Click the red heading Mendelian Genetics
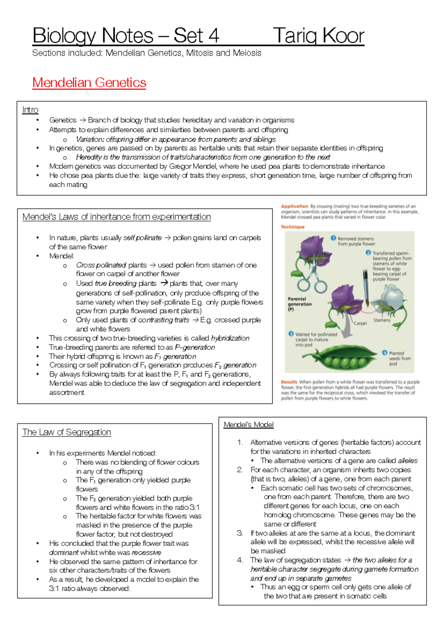[x=89, y=83]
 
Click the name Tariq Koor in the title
[x=319, y=36]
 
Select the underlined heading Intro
[x=30, y=110]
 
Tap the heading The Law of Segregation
[x=67, y=432]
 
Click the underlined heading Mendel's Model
[x=249, y=425]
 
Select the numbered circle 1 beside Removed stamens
[x=333, y=238]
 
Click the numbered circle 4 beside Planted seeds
[x=384, y=353]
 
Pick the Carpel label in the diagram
[x=360, y=323]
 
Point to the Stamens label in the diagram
[x=382, y=320]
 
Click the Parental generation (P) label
[x=299, y=304]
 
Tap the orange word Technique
[x=292, y=227]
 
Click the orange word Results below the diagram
[x=289, y=382]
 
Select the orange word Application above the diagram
[x=294, y=206]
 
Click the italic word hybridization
[x=230, y=338]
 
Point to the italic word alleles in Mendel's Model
[x=407, y=461]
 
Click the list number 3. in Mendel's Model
[x=240, y=533]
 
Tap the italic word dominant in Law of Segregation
[x=64, y=552]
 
